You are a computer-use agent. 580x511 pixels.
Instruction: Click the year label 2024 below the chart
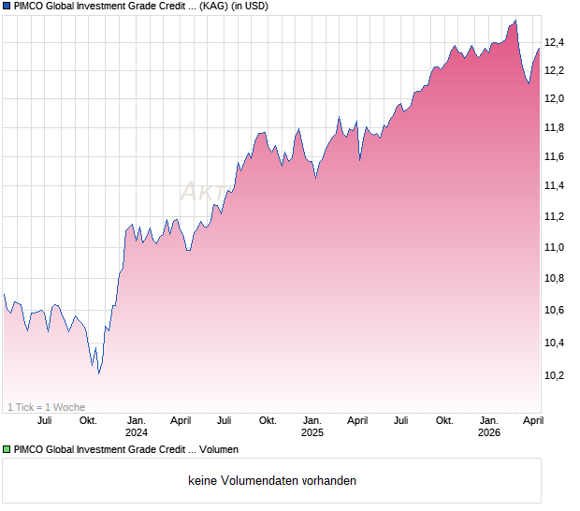pyautogui.click(x=137, y=432)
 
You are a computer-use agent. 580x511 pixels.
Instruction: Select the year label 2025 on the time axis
pyautogui.click(x=312, y=432)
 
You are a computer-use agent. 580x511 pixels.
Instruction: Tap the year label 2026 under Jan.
pyautogui.click(x=488, y=432)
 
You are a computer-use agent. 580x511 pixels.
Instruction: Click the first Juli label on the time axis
pyautogui.click(x=44, y=420)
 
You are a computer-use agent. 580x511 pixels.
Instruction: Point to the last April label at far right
pyautogui.click(x=531, y=420)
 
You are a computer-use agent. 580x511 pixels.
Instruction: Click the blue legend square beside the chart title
pyautogui.click(x=7, y=6)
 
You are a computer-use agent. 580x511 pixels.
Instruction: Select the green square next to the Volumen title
pyautogui.click(x=7, y=450)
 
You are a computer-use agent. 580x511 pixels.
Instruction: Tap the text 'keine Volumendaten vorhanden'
pyautogui.click(x=272, y=481)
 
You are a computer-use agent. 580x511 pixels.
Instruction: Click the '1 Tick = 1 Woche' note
pyautogui.click(x=46, y=407)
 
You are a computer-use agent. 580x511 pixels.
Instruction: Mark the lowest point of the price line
pyautogui.click(x=98, y=373)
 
